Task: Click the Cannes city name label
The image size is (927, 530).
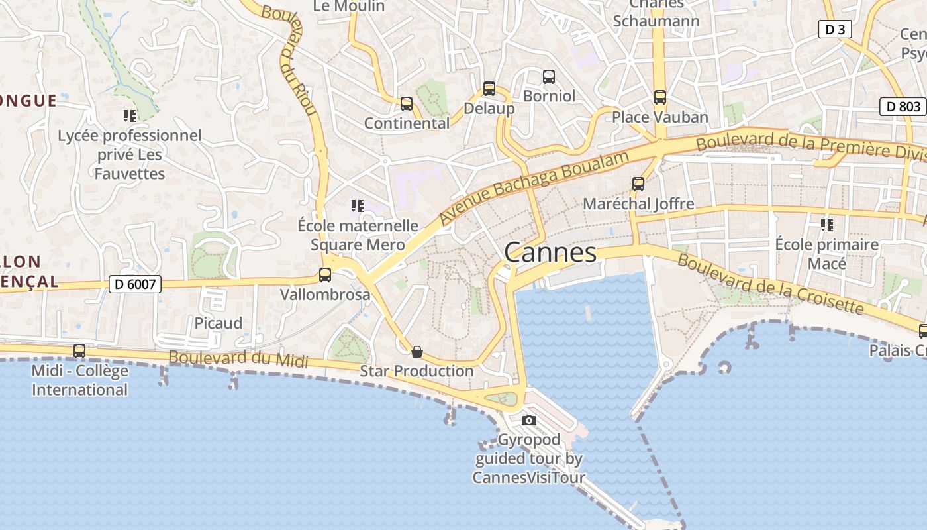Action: coord(550,252)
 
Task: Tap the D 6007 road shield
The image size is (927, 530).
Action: coord(134,284)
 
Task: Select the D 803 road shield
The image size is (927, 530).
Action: coord(903,106)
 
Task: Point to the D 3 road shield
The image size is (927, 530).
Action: coord(834,29)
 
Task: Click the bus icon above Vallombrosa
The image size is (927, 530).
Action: coord(325,274)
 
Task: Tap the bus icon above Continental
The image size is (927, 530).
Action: coord(407,104)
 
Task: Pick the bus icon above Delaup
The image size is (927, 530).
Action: coord(489,88)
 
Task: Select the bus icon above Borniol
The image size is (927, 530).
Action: coord(549,76)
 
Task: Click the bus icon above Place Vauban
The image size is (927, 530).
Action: coord(659,97)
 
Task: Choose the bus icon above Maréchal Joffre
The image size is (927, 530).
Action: coord(638,184)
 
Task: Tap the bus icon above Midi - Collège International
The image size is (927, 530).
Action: coord(79,351)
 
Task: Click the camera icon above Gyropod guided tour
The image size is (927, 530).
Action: coord(528,420)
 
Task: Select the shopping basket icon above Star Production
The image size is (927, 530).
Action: coord(417,351)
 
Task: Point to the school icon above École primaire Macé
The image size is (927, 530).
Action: coord(827,225)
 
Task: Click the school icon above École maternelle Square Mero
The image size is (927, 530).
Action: coord(358,206)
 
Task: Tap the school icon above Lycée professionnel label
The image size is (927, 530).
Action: coord(130,116)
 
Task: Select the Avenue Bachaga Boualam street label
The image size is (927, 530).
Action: coord(534,187)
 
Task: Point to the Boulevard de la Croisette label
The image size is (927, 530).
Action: coord(771,284)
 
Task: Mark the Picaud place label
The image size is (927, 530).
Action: coord(218,323)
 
